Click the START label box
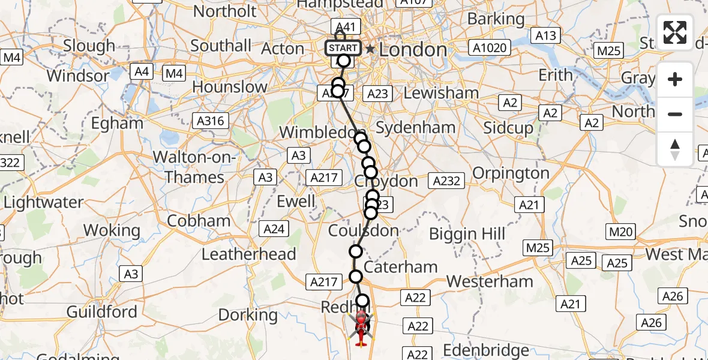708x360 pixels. pyautogui.click(x=343, y=48)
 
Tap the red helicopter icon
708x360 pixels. pyautogui.click(x=361, y=328)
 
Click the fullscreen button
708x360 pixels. pyautogui.click(x=675, y=32)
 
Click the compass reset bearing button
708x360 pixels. pyautogui.click(x=675, y=149)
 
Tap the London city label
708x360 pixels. pyautogui.click(x=413, y=49)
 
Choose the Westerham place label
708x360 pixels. pyautogui.click(x=490, y=281)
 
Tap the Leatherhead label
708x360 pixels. pyautogui.click(x=249, y=254)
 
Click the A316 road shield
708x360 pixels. pyautogui.click(x=210, y=121)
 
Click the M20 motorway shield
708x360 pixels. pyautogui.click(x=620, y=232)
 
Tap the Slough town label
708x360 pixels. pyautogui.click(x=89, y=46)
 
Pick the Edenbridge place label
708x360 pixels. pyautogui.click(x=486, y=350)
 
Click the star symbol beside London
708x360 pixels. pyautogui.click(x=371, y=49)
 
